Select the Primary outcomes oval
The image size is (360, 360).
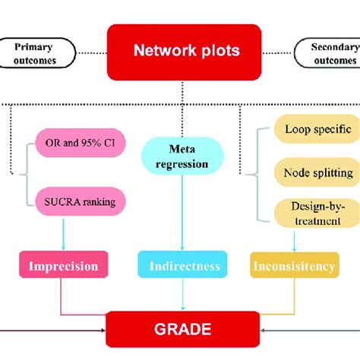click(x=36, y=54)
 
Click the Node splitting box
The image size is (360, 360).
click(x=314, y=172)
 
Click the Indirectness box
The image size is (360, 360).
click(x=179, y=266)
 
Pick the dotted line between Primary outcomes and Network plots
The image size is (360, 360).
click(x=90, y=53)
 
